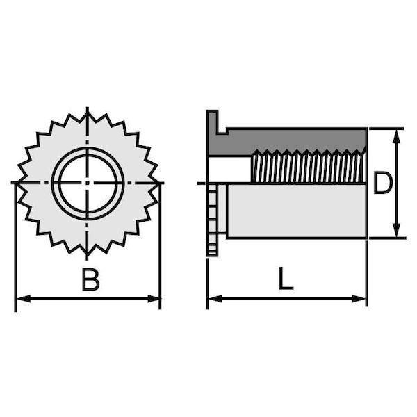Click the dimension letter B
tap(90, 279)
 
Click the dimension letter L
tap(286, 279)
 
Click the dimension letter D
tap(382, 182)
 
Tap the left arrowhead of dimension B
tap(24, 298)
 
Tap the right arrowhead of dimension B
tap(154, 298)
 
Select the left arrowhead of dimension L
tap(215, 298)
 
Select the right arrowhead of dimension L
tap(359, 298)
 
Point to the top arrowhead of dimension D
tap(396, 137)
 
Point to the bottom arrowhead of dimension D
tap(396, 230)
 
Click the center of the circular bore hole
tap(88, 183)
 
